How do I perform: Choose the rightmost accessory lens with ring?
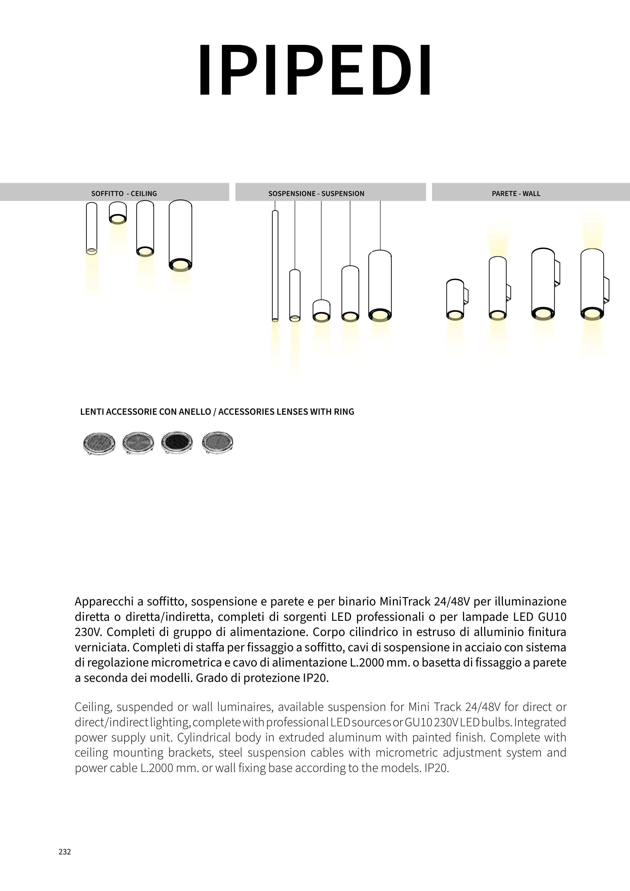coord(217,442)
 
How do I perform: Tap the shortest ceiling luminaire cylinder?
coord(118,213)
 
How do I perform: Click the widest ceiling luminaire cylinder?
coord(180,235)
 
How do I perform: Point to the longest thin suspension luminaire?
coord(275,266)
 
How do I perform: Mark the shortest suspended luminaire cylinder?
coord(321,311)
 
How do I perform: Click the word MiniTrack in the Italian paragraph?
coord(405,601)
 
